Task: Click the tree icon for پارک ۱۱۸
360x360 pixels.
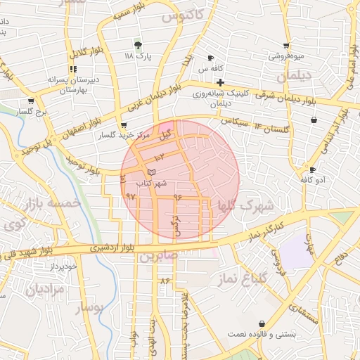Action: [x=138, y=44]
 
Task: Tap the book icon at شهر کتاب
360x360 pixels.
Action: [x=152, y=172]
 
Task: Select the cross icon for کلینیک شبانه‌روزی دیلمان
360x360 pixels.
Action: [x=221, y=83]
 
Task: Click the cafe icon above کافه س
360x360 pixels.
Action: [x=210, y=58]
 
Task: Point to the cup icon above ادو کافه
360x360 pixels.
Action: [x=312, y=170]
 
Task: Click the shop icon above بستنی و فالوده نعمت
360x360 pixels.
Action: [x=262, y=323]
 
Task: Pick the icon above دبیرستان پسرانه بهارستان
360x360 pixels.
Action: [x=72, y=69]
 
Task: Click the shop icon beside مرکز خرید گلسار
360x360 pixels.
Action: [x=124, y=125]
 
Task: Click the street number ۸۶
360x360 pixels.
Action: [x=165, y=280]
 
